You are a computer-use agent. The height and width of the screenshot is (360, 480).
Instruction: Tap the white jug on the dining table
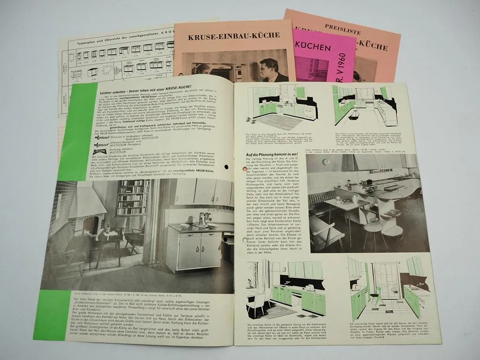(355, 199)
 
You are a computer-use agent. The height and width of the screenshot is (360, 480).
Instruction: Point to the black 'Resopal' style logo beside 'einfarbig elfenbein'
(99, 151)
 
